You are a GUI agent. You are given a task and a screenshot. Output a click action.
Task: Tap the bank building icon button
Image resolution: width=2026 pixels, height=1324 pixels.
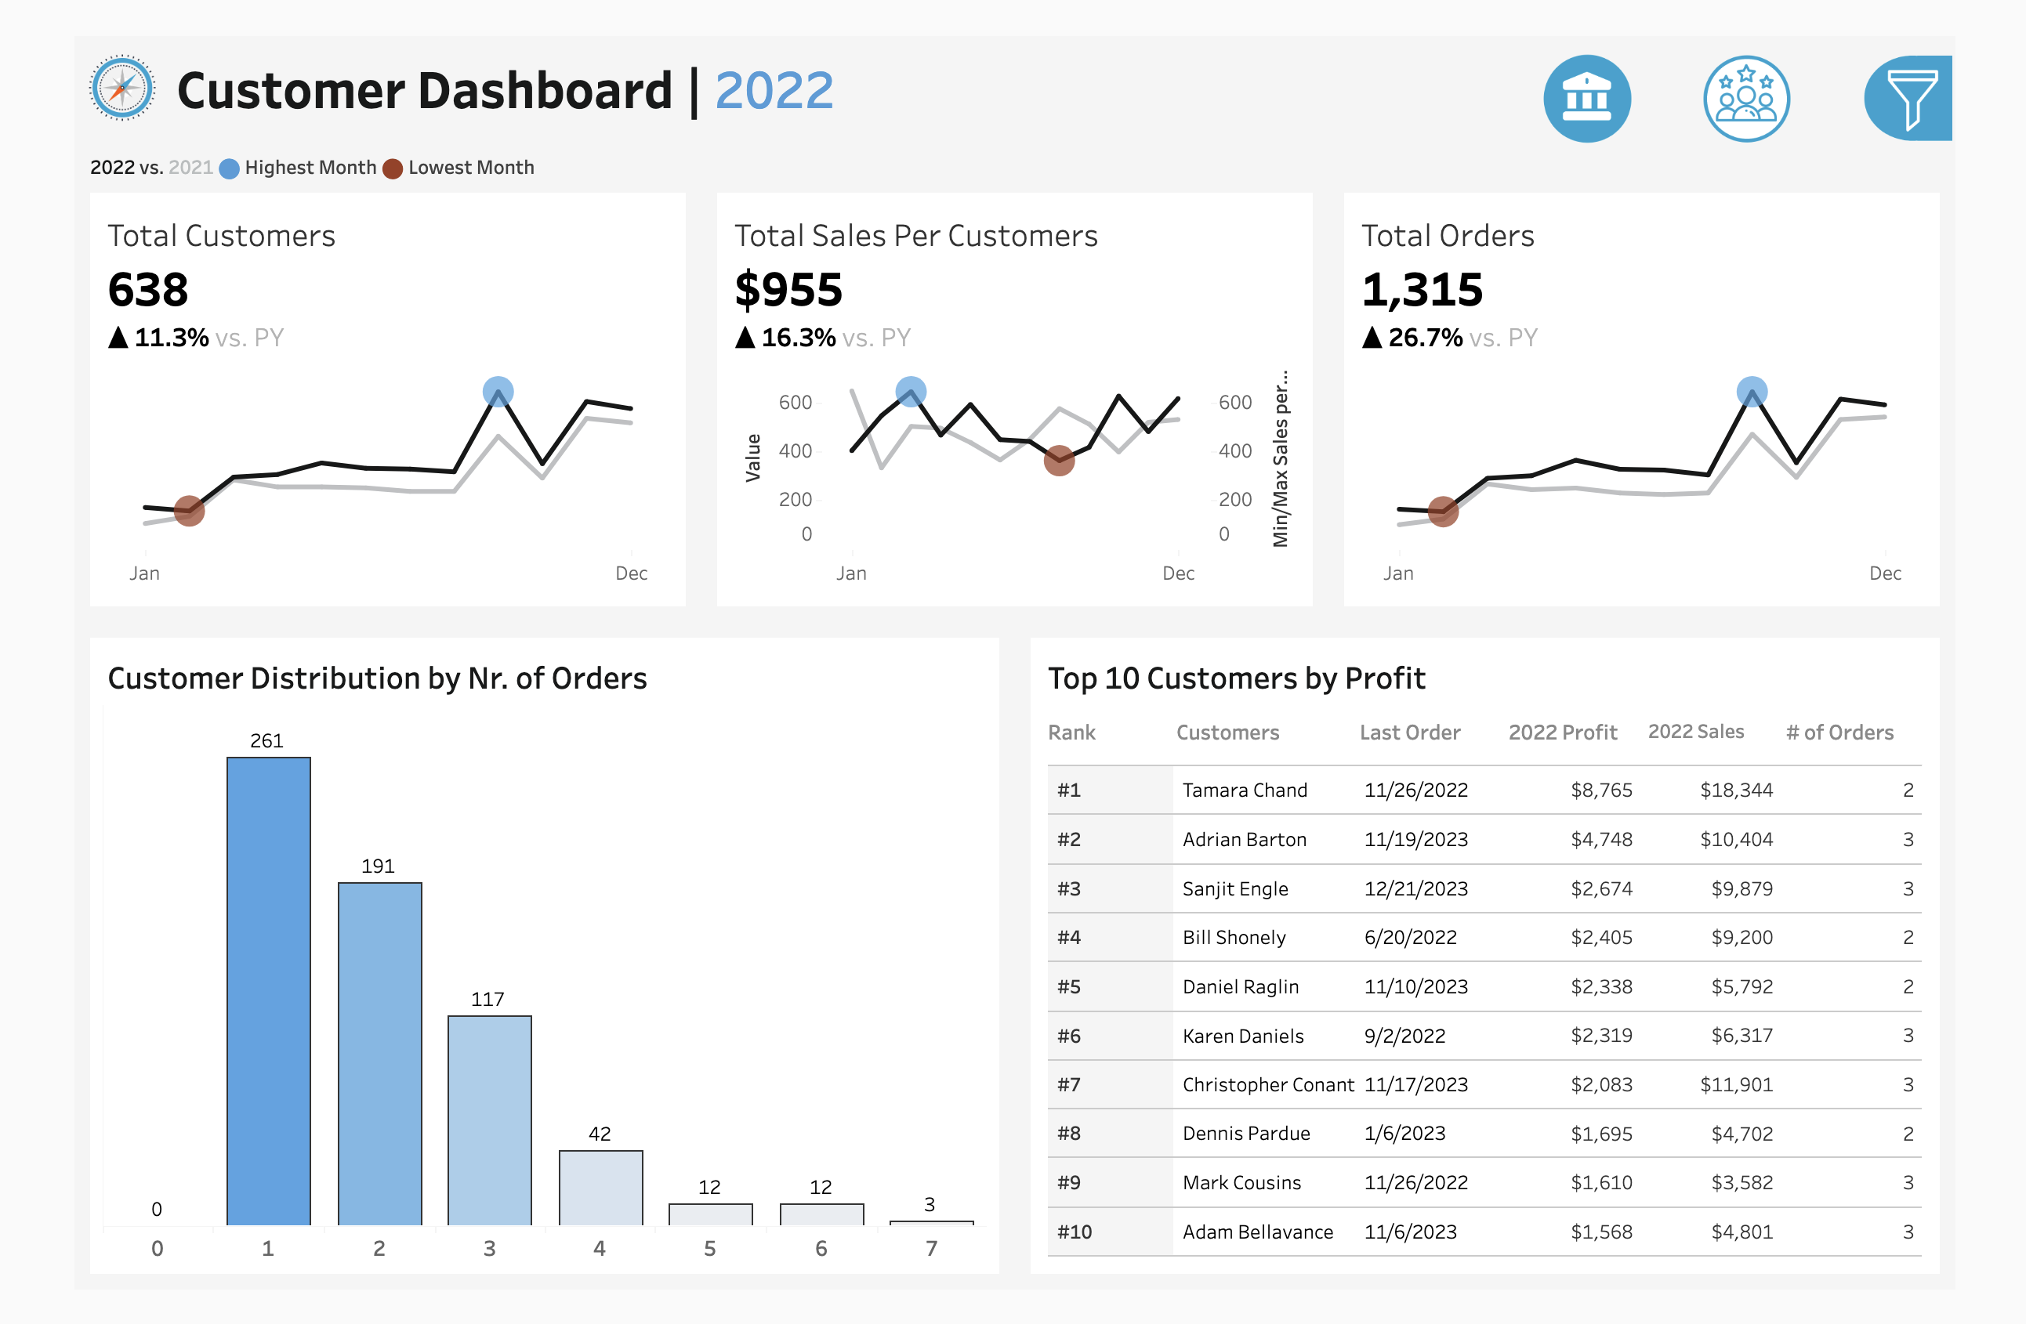(1587, 99)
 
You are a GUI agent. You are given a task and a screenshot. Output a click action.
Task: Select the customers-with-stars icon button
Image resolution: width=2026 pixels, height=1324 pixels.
(1746, 99)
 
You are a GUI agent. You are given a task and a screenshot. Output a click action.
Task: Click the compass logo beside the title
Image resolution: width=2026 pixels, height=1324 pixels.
(122, 88)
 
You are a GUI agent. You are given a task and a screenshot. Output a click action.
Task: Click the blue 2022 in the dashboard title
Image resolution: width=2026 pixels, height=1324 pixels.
(774, 90)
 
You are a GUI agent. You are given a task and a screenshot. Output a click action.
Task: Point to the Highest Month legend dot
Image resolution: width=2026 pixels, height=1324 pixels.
(229, 168)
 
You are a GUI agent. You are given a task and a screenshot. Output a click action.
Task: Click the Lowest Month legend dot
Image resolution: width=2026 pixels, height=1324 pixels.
(393, 168)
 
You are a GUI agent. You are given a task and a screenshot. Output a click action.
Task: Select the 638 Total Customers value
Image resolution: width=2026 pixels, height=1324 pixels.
(148, 290)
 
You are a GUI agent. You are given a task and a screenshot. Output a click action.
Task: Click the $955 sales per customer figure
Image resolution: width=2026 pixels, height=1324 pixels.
(788, 290)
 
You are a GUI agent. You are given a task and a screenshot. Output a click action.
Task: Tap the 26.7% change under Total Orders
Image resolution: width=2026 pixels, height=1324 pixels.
(1425, 338)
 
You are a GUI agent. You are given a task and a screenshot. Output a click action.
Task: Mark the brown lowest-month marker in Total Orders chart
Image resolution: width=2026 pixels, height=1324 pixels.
(1443, 512)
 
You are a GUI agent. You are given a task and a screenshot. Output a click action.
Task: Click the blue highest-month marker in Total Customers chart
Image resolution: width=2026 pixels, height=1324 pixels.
(498, 392)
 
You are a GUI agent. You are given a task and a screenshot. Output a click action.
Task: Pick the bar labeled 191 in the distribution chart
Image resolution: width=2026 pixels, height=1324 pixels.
(379, 1054)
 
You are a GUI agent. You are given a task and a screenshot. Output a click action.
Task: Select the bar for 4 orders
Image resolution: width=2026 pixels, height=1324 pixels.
(600, 1188)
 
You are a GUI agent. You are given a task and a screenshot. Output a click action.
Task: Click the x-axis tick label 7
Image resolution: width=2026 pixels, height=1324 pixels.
(931, 1248)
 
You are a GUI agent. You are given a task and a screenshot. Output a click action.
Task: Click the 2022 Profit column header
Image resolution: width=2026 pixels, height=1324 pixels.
(1562, 733)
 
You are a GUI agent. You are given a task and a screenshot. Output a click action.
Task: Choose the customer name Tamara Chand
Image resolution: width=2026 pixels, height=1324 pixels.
(1244, 790)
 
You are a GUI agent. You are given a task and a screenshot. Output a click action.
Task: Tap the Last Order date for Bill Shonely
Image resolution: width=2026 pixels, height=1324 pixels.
(1410, 938)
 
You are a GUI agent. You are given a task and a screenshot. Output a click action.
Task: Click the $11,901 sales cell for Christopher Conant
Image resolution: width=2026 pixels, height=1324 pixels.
(1736, 1085)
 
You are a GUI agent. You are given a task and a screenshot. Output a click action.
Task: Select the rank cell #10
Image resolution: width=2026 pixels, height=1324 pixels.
(1075, 1232)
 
